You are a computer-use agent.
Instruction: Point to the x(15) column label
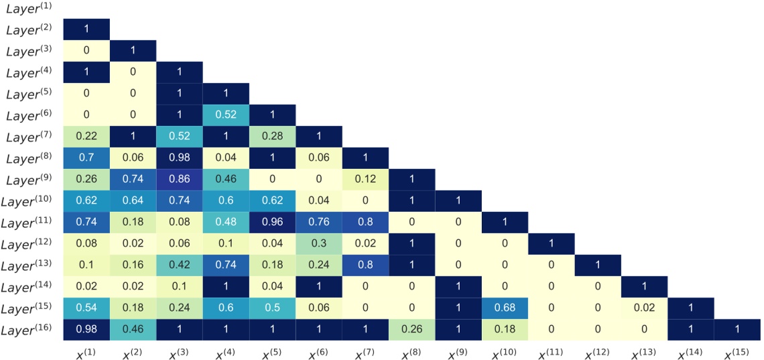pyautogui.click(x=737, y=350)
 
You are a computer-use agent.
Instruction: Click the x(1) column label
pyautogui.click(x=86, y=350)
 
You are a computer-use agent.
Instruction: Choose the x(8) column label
pyautogui.click(x=411, y=350)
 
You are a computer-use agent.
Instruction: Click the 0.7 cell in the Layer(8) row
pyautogui.click(x=86, y=159)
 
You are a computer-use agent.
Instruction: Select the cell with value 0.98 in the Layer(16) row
pyautogui.click(x=86, y=330)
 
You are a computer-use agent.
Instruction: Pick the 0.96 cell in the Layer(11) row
pyautogui.click(x=272, y=223)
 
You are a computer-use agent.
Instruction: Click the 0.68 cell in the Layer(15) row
pyautogui.click(x=505, y=308)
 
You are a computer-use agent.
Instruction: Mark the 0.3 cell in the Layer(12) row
pyautogui.click(x=318, y=245)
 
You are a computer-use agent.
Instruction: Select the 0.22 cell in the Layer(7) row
pyautogui.click(x=86, y=137)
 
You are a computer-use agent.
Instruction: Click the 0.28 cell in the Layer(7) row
pyautogui.click(x=272, y=137)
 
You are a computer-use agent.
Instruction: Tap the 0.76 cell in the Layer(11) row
pyautogui.click(x=318, y=223)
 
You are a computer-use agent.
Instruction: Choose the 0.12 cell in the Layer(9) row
pyautogui.click(x=365, y=180)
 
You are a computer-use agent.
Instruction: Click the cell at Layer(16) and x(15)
pyautogui.click(x=737, y=330)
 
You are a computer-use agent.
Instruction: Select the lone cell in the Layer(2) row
pyautogui.click(x=86, y=30)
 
